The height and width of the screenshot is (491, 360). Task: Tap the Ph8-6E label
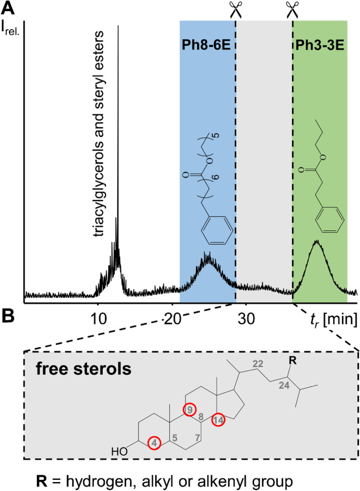(x=208, y=43)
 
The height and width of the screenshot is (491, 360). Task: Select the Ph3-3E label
(x=319, y=43)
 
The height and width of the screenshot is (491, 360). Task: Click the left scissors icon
(x=234, y=8)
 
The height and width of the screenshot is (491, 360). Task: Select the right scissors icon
(x=292, y=8)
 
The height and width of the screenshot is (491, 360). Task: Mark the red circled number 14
(x=218, y=420)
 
